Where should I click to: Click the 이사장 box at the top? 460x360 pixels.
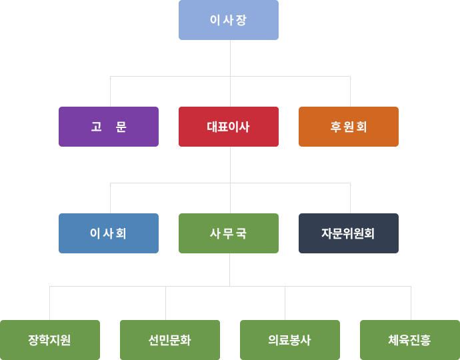[229, 20]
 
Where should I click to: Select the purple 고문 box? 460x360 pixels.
[109, 127]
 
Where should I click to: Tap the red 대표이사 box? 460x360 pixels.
[229, 127]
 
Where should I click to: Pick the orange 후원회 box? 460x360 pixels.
[349, 127]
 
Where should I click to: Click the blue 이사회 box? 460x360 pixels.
[109, 233]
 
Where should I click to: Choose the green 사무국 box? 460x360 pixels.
[229, 233]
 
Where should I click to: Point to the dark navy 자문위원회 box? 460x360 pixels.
[349, 233]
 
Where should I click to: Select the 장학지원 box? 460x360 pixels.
[50, 340]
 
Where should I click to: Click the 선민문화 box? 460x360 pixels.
[170, 340]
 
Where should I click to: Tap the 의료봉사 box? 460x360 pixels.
[290, 340]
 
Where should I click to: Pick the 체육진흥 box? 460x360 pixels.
[409, 340]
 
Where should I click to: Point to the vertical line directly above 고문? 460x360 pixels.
[111, 92]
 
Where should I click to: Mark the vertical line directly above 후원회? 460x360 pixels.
[350, 92]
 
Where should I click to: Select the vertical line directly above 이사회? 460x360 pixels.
[111, 198]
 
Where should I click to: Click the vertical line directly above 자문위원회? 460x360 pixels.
[350, 198]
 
